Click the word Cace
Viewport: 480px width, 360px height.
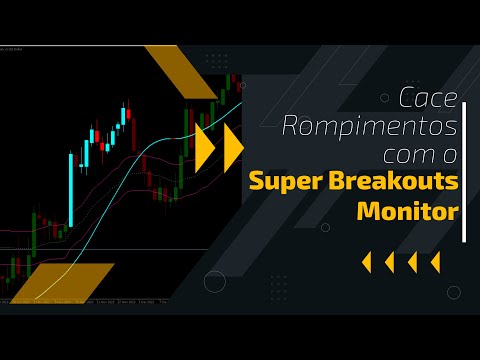(x=428, y=99)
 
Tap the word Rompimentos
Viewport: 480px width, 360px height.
(x=370, y=128)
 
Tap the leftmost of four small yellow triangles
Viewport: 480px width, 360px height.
(x=366, y=262)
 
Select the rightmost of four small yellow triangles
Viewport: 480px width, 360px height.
(x=435, y=262)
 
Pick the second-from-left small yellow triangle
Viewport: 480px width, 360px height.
(x=389, y=262)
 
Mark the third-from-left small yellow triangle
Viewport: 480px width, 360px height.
(x=412, y=262)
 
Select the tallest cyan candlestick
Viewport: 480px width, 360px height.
(x=71, y=190)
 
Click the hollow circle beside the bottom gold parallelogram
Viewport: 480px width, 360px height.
(x=215, y=281)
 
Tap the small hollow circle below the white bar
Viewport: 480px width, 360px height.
(x=455, y=292)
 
